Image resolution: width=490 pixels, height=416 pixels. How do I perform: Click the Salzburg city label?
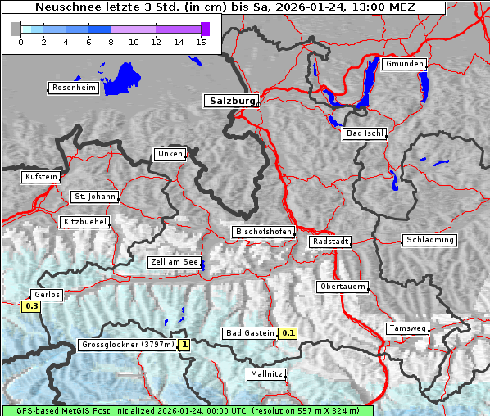click(x=230, y=101)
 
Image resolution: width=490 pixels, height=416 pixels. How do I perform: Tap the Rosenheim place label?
click(x=73, y=88)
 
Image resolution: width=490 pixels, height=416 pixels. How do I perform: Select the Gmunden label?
click(x=404, y=64)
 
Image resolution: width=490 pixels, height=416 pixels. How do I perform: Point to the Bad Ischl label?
click(x=365, y=133)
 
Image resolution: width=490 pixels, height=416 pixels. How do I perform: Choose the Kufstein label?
click(x=40, y=177)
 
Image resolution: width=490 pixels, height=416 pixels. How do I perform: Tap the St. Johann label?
click(x=94, y=197)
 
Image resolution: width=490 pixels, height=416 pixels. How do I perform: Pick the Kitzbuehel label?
click(x=84, y=222)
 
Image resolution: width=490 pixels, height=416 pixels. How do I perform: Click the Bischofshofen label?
click(x=263, y=233)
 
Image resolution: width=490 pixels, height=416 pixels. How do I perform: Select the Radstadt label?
click(x=330, y=242)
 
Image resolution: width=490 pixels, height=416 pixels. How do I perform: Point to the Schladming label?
click(x=429, y=240)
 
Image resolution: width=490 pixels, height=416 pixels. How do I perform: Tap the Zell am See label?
click(x=175, y=263)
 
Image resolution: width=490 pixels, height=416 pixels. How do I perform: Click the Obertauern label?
click(x=342, y=287)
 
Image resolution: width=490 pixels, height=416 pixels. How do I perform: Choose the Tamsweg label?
click(x=407, y=328)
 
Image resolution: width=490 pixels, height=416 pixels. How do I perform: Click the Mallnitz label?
click(x=265, y=374)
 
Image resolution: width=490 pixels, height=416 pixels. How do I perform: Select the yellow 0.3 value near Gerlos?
click(x=32, y=306)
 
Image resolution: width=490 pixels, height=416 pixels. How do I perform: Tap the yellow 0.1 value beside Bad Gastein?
click(x=288, y=333)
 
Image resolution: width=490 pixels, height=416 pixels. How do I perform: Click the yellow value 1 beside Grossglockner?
click(x=184, y=345)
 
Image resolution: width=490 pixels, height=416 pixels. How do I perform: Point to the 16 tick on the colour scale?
click(x=200, y=42)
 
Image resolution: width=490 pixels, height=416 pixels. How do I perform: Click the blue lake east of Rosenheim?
click(x=120, y=78)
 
